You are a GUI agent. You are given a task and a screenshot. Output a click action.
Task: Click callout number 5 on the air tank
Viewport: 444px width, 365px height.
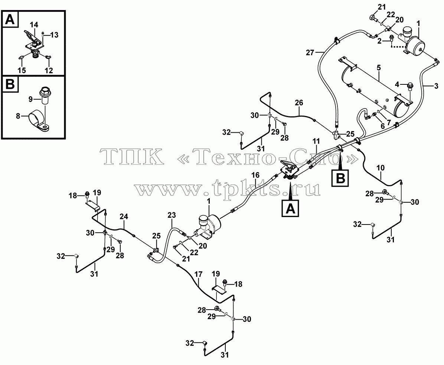tap(379, 68)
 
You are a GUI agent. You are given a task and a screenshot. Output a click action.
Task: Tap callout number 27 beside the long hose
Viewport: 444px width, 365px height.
tap(310, 52)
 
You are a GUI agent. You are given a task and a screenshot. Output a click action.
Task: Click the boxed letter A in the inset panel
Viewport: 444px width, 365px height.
tap(10, 20)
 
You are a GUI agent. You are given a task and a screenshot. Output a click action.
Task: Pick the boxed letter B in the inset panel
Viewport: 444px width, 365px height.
tap(10, 84)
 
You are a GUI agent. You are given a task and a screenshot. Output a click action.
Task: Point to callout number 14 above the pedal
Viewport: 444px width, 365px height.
tap(34, 25)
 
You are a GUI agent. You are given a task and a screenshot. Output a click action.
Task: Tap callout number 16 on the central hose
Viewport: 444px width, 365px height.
tap(255, 175)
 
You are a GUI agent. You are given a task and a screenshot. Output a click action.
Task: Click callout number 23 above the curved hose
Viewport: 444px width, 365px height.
tap(172, 215)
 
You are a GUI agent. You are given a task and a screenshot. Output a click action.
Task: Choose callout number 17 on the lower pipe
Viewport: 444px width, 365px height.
tap(199, 274)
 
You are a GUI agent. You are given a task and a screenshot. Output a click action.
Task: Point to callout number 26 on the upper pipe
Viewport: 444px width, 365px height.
tap(299, 103)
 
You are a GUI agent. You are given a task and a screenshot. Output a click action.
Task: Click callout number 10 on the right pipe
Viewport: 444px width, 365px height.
tap(381, 168)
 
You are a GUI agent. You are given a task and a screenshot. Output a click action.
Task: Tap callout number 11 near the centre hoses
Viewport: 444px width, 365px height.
tap(316, 141)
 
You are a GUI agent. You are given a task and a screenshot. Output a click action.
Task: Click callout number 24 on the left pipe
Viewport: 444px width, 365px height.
tap(124, 217)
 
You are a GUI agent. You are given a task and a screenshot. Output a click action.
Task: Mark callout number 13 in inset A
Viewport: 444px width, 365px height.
tap(54, 35)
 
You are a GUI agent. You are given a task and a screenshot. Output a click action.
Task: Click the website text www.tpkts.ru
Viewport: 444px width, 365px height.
tap(227, 188)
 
